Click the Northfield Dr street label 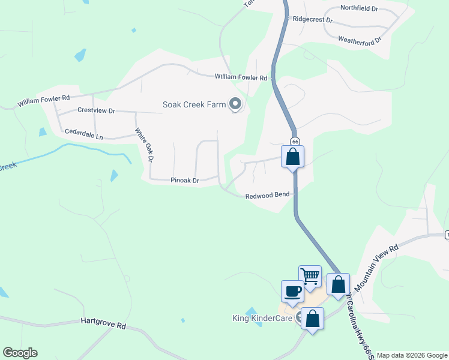(x=359, y=8)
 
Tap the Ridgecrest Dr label (x=312, y=19)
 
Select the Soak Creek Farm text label (x=194, y=104)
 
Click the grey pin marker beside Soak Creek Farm (x=235, y=104)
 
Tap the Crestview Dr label (x=96, y=111)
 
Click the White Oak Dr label (x=145, y=145)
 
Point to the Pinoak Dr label (x=185, y=180)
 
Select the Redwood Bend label (x=268, y=195)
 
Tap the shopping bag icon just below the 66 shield (x=293, y=157)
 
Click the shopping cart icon (x=310, y=277)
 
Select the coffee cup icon (x=292, y=292)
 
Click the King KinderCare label (x=262, y=318)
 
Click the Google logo (x=20, y=353)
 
